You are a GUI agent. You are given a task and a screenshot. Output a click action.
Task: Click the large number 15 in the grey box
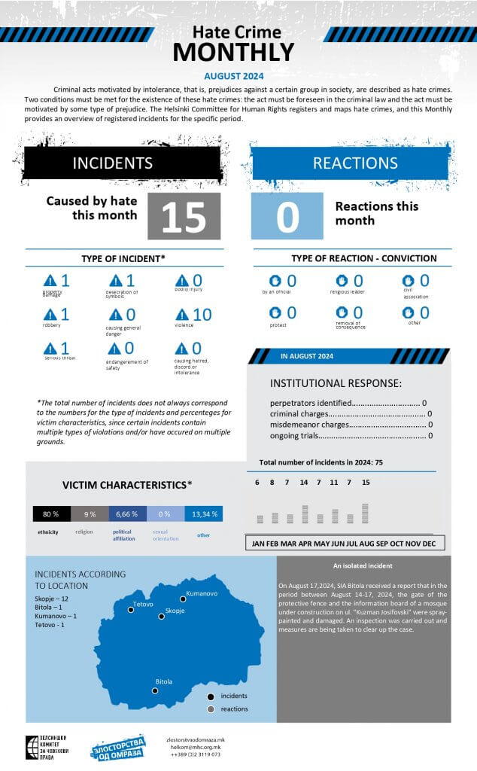coord(184,217)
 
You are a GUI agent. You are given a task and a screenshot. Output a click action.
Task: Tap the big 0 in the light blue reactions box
coord(287,217)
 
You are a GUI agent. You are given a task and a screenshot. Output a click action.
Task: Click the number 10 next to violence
coord(202,314)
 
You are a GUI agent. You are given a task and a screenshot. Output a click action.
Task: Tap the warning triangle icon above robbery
coord(50,315)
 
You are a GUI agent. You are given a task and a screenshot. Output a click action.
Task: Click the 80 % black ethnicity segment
coord(51,514)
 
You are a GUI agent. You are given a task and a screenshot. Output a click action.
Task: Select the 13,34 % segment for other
coord(205,514)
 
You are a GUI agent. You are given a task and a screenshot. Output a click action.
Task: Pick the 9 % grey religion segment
coord(90,514)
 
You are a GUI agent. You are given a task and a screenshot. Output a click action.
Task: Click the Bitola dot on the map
coord(155,690)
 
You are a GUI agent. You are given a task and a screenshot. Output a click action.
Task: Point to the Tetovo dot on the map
coord(131,611)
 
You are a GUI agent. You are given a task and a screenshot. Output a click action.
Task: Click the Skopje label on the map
coord(175,611)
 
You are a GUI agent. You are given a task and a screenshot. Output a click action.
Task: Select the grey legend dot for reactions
coord(211,709)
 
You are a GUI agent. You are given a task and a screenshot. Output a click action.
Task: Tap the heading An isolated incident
coord(363,565)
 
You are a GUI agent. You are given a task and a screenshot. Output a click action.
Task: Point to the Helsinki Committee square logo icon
coord(32,746)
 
